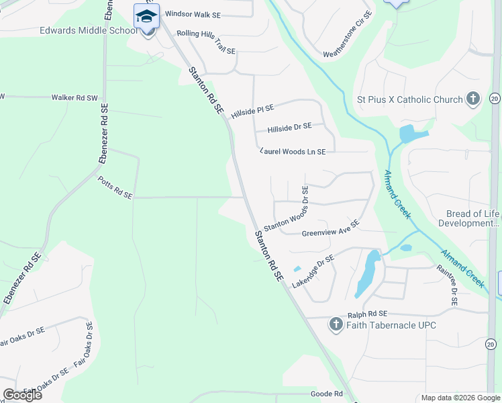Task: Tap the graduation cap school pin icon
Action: (x=146, y=15)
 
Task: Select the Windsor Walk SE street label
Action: (x=193, y=13)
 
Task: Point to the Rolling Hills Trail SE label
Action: (x=206, y=42)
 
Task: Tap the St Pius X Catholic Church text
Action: (x=410, y=100)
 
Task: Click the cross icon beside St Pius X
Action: (x=473, y=99)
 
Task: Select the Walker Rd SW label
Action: (x=74, y=97)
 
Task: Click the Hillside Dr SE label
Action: (x=289, y=126)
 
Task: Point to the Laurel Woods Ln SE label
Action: (x=293, y=152)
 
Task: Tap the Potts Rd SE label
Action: (x=115, y=187)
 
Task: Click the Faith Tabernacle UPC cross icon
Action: (x=336, y=326)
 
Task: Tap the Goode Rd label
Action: (x=327, y=394)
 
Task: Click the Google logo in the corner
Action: (x=22, y=394)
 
